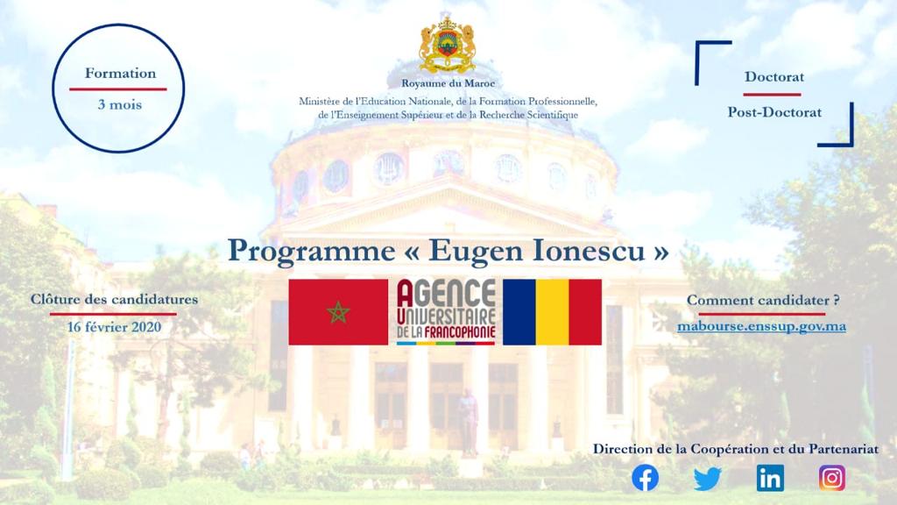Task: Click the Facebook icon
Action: tap(645, 478)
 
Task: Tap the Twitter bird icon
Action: tap(708, 479)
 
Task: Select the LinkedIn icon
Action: tap(770, 478)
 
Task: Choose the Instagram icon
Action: tap(832, 478)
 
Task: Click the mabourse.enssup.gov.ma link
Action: tap(761, 326)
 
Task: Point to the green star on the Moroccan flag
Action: tap(338, 312)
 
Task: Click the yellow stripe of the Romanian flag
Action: tap(552, 312)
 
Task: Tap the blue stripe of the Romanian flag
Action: tap(519, 312)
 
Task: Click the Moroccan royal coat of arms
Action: tap(448, 46)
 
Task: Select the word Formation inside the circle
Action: tap(120, 74)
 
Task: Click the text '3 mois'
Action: tap(119, 105)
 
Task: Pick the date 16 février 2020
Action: tap(114, 327)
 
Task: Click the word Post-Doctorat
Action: tap(774, 112)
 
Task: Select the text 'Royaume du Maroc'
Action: tap(448, 83)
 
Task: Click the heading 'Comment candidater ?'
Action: tap(763, 300)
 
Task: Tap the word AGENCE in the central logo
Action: tap(446, 293)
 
